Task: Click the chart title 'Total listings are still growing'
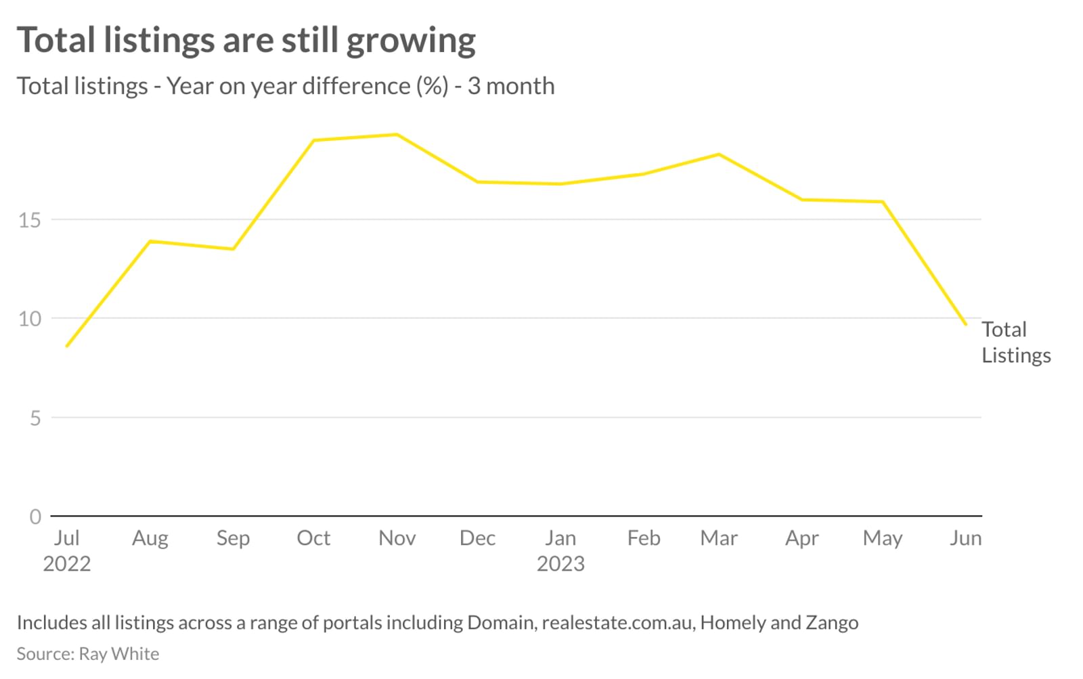pyautogui.click(x=246, y=41)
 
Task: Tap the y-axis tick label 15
pyautogui.click(x=30, y=220)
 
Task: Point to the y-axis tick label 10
pyautogui.click(x=30, y=319)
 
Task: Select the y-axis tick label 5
pyautogui.click(x=35, y=418)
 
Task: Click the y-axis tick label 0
pyautogui.click(x=35, y=517)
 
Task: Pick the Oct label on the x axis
pyautogui.click(x=313, y=538)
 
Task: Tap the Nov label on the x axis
pyautogui.click(x=397, y=538)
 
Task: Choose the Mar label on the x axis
pyautogui.click(x=719, y=538)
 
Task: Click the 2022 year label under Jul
pyautogui.click(x=66, y=564)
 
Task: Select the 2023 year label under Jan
pyautogui.click(x=560, y=564)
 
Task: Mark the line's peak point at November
pyautogui.click(x=397, y=135)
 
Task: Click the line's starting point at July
pyautogui.click(x=67, y=346)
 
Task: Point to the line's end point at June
pyautogui.click(x=965, y=324)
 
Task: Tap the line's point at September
pyautogui.click(x=233, y=249)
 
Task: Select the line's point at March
pyautogui.click(x=719, y=154)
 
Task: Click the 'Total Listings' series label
pyautogui.click(x=1015, y=343)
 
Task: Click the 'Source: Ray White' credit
pyautogui.click(x=88, y=654)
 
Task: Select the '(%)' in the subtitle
pyautogui.click(x=433, y=87)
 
